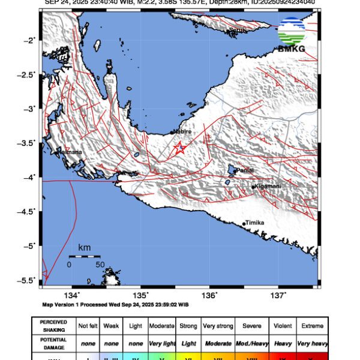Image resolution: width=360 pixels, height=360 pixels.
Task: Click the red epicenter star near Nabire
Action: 179,148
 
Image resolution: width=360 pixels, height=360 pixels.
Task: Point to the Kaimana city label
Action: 70,153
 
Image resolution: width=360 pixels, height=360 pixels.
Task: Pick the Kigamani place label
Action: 268,187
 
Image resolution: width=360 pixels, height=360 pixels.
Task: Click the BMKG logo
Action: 291,34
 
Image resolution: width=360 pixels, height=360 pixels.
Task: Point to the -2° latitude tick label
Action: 31,40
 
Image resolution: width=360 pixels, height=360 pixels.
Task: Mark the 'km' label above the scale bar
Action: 84,248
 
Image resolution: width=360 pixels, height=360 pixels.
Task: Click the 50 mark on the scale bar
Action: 100,264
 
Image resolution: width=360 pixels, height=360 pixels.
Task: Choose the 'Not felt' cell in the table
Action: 88,326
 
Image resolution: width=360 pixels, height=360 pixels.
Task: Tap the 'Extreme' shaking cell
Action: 312,326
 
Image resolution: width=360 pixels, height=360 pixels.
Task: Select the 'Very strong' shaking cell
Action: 218,326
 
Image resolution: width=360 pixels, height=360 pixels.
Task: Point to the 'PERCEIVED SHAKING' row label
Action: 54,326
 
